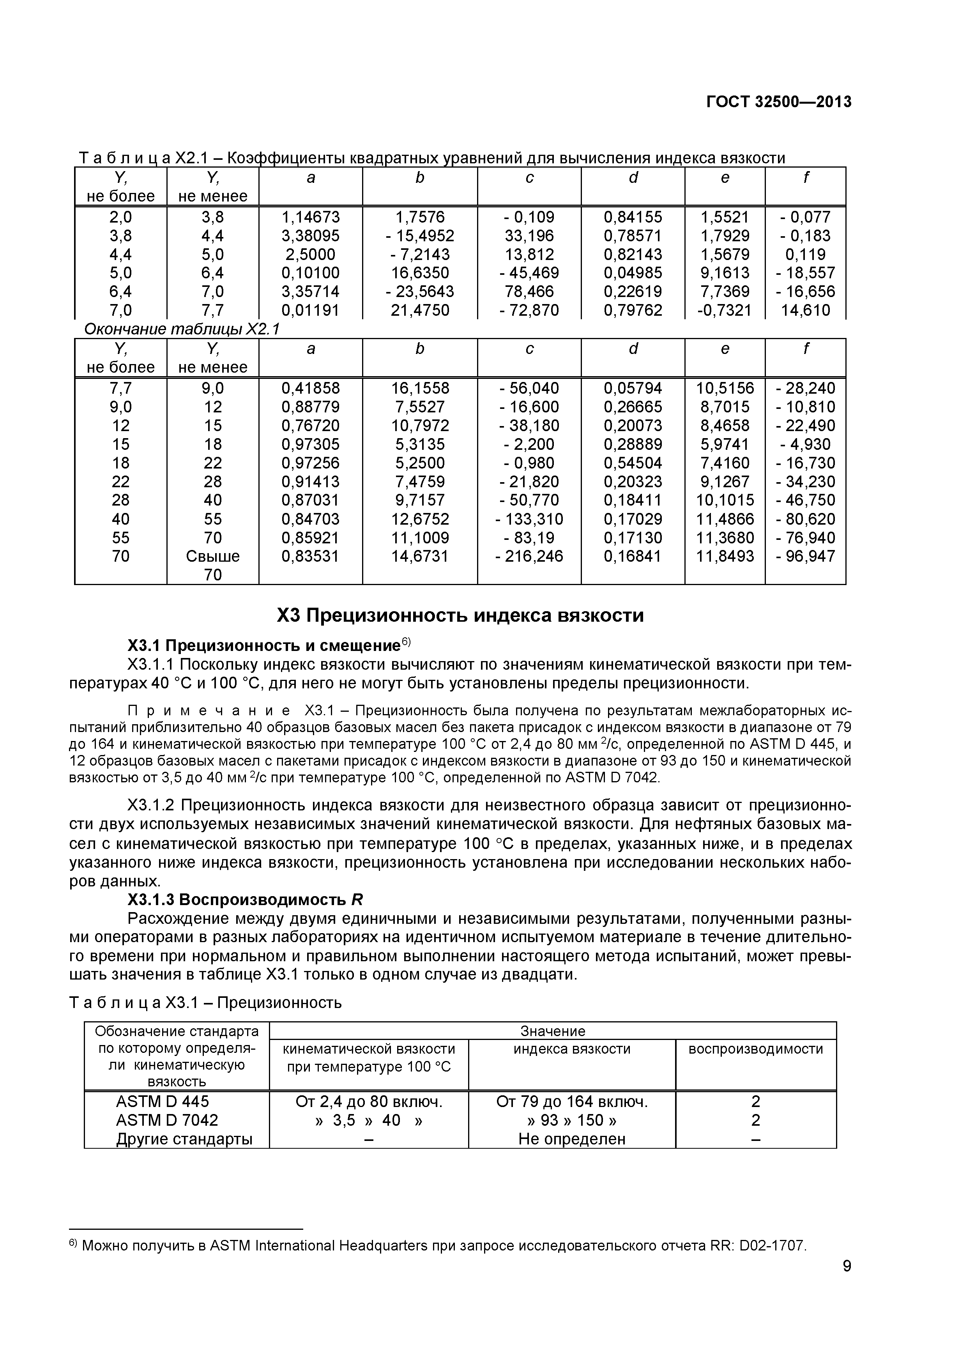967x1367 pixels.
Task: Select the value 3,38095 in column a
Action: click(x=310, y=236)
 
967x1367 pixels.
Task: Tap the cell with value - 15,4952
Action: click(x=420, y=236)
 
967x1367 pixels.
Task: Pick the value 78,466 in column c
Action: click(x=529, y=292)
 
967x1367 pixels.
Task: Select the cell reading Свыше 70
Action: click(x=212, y=565)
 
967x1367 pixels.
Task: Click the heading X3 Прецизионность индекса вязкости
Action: click(x=460, y=615)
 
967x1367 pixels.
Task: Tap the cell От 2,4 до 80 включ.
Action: click(x=369, y=1102)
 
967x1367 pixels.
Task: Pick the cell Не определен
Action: click(x=572, y=1139)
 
